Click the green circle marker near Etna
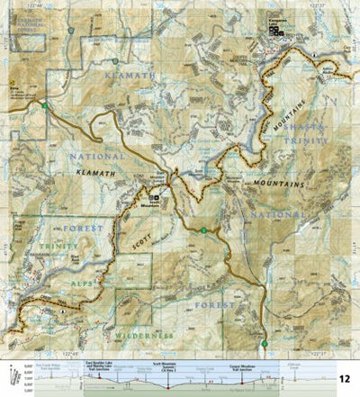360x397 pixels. click(x=45, y=107)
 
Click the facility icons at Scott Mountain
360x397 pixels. click(x=155, y=198)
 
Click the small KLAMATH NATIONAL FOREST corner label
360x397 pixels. click(x=26, y=22)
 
